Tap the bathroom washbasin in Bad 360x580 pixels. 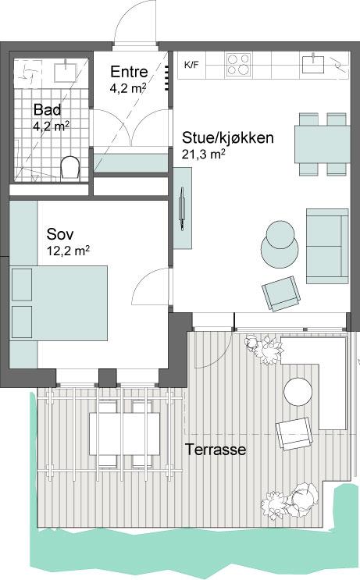pyautogui.click(x=66, y=71)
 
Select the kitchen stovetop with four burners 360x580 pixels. pyautogui.click(x=239, y=65)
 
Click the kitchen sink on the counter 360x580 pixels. pyautogui.click(x=313, y=64)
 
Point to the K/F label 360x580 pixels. pyautogui.click(x=191, y=66)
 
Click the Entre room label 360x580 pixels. pyautogui.click(x=129, y=72)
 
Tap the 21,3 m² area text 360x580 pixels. pyautogui.click(x=203, y=154)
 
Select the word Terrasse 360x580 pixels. pyautogui.click(x=216, y=450)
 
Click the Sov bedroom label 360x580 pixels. pyautogui.click(x=60, y=234)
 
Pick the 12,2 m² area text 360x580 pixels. pyautogui.click(x=69, y=251)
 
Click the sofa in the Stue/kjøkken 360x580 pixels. pyautogui.click(x=327, y=246)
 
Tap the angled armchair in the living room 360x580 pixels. pyautogui.click(x=281, y=294)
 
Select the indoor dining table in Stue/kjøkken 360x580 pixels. pyautogui.click(x=323, y=144)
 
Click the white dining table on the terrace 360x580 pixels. pyautogui.click(x=125, y=434)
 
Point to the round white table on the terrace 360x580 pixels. pyautogui.click(x=298, y=392)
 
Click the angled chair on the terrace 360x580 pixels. pyautogui.click(x=294, y=434)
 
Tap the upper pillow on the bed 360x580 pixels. pyautogui.click(x=22, y=285)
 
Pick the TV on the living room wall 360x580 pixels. pyautogui.click(x=182, y=208)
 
